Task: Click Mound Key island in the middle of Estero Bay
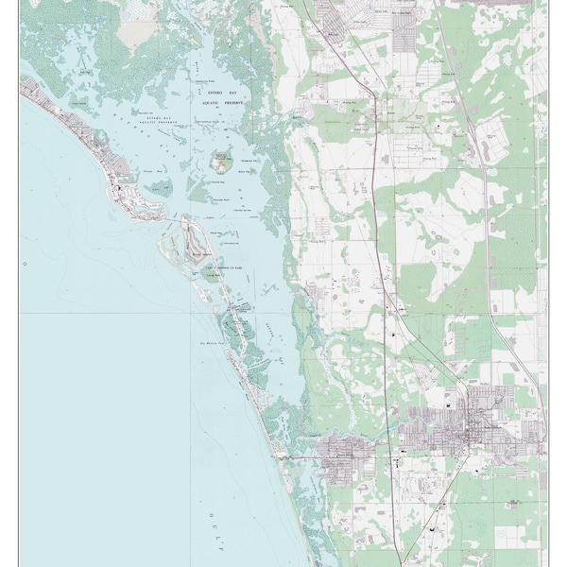tap(222, 163)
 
